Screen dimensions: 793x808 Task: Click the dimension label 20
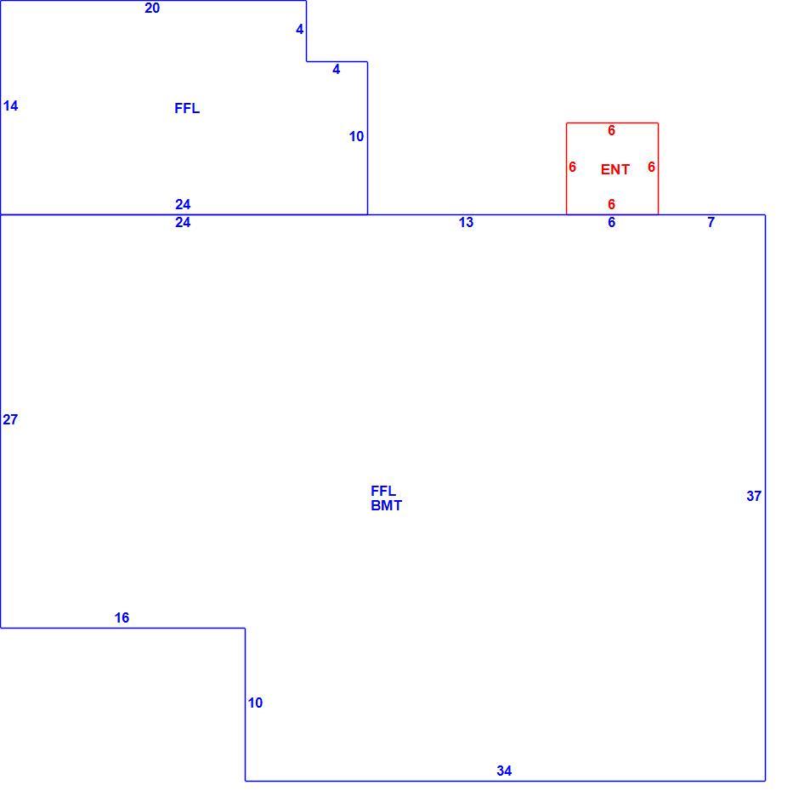tap(152, 9)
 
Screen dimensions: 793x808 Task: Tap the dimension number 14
tap(10, 106)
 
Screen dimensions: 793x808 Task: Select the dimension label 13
tap(466, 223)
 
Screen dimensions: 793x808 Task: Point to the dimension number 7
tap(711, 223)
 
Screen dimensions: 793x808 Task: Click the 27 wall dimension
tap(10, 420)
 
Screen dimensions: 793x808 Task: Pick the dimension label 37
tap(754, 496)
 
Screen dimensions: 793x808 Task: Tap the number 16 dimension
tap(122, 617)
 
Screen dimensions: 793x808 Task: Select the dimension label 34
tap(504, 771)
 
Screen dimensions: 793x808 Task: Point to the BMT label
tap(386, 506)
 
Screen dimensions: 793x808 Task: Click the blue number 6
tap(611, 223)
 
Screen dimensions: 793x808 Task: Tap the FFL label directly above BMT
tap(383, 491)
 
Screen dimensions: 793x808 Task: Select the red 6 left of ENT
tap(572, 168)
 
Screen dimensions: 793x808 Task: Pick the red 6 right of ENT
tap(651, 168)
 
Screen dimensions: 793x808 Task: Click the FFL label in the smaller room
tap(187, 109)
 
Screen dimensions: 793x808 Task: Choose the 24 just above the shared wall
tap(183, 205)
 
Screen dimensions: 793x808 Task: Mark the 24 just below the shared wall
tap(183, 223)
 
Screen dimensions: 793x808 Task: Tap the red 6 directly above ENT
tap(611, 131)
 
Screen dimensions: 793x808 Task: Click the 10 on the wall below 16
tap(255, 703)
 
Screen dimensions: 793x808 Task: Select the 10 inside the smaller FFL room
tap(356, 137)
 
